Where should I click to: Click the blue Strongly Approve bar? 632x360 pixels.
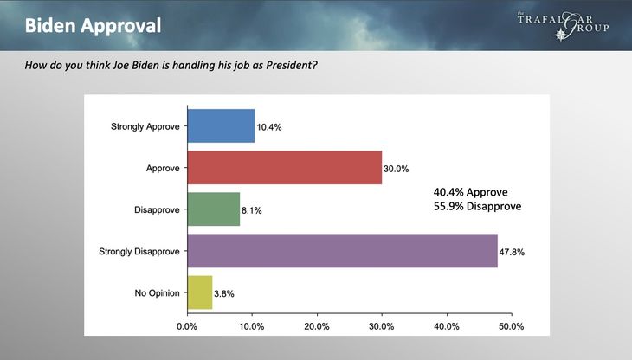click(x=221, y=126)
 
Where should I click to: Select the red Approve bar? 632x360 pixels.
click(x=284, y=167)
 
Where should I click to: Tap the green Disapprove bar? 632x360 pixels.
click(x=213, y=209)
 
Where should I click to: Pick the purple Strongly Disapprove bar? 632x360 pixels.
click(x=342, y=251)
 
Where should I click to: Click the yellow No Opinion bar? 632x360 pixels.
click(x=199, y=292)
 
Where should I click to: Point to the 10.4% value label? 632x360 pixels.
click(x=269, y=127)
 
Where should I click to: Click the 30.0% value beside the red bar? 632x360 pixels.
click(x=397, y=168)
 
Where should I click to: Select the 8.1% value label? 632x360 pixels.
click(x=253, y=209)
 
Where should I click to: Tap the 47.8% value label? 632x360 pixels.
click(x=513, y=252)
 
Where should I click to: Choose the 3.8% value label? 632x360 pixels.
click(x=225, y=293)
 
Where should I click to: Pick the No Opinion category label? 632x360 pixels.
click(x=157, y=292)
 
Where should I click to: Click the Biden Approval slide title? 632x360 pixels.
click(x=93, y=25)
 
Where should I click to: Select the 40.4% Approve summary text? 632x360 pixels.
click(x=471, y=191)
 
